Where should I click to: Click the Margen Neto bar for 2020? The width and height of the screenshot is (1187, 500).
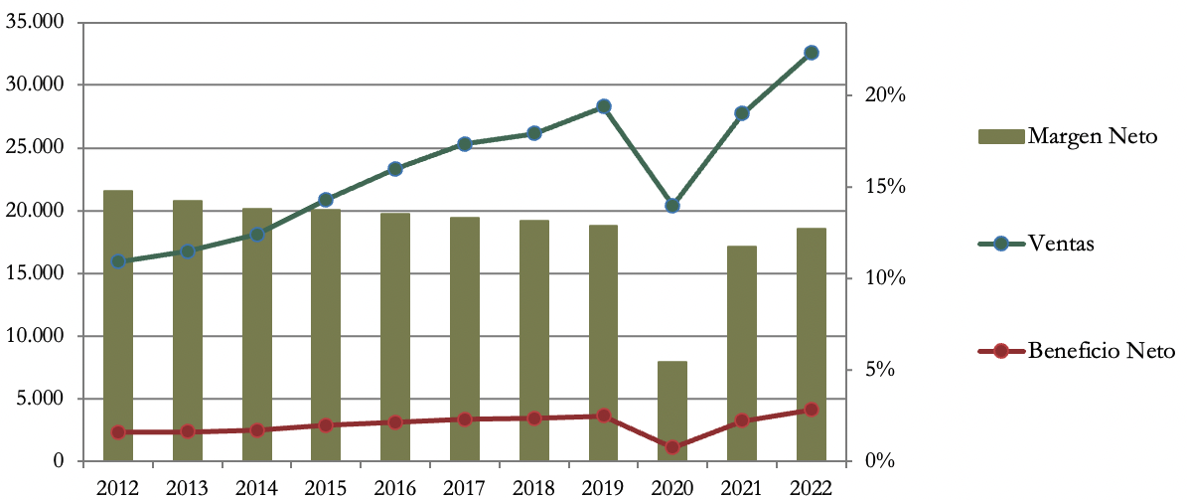pyautogui.click(x=672, y=412)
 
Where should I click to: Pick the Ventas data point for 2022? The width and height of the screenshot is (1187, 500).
pyautogui.click(x=811, y=53)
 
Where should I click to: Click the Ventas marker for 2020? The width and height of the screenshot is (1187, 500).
pyautogui.click(x=672, y=206)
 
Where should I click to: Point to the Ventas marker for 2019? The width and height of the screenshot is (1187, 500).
pyautogui.click(x=603, y=106)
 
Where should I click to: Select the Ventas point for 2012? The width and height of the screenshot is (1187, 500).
pyautogui.click(x=118, y=261)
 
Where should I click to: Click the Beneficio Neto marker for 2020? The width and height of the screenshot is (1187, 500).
pyautogui.click(x=672, y=447)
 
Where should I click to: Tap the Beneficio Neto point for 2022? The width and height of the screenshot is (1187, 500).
pyautogui.click(x=811, y=410)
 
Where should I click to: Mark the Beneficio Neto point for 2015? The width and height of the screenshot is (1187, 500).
pyautogui.click(x=326, y=425)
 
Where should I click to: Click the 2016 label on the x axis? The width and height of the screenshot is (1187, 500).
pyautogui.click(x=395, y=487)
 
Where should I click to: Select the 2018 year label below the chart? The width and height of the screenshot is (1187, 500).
pyautogui.click(x=533, y=487)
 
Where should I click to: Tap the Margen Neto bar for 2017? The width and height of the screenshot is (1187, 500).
pyautogui.click(x=465, y=339)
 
